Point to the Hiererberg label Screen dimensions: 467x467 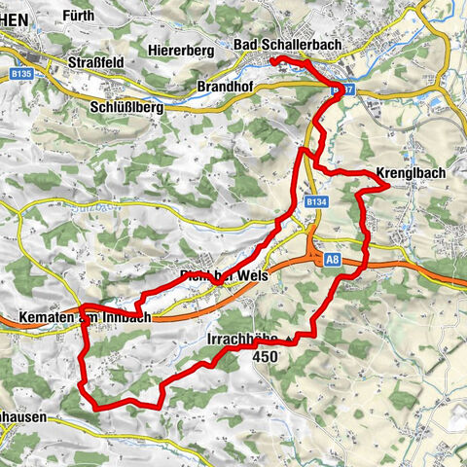[x=183, y=49]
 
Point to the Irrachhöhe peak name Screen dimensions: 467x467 [x=241, y=340]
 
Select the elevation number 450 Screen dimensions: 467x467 [x=265, y=357]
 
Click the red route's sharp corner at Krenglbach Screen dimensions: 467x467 [x=389, y=182]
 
